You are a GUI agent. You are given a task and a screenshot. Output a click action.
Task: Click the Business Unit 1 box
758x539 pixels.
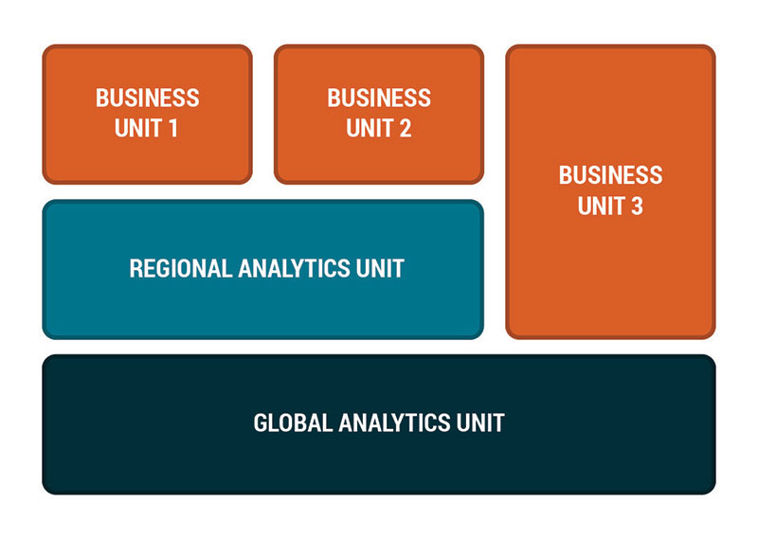[x=147, y=114]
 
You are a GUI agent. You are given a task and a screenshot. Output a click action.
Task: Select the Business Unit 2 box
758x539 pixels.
[x=379, y=114]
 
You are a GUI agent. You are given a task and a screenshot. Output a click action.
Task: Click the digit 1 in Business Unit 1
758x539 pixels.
[x=172, y=128]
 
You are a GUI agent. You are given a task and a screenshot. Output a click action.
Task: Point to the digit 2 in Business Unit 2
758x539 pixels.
[x=405, y=128]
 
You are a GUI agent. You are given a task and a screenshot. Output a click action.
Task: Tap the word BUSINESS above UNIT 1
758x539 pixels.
[x=147, y=98]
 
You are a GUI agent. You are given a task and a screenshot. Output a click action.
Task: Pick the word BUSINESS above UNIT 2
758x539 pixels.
[x=379, y=98]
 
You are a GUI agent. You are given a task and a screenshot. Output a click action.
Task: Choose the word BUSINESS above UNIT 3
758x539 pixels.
[x=610, y=175]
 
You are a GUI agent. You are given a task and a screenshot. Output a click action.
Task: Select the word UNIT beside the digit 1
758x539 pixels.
[x=136, y=128]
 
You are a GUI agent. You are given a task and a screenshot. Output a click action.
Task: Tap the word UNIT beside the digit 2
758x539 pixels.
[x=368, y=128]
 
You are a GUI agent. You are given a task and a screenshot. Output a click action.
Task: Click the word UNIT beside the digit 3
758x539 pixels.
[x=599, y=205]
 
